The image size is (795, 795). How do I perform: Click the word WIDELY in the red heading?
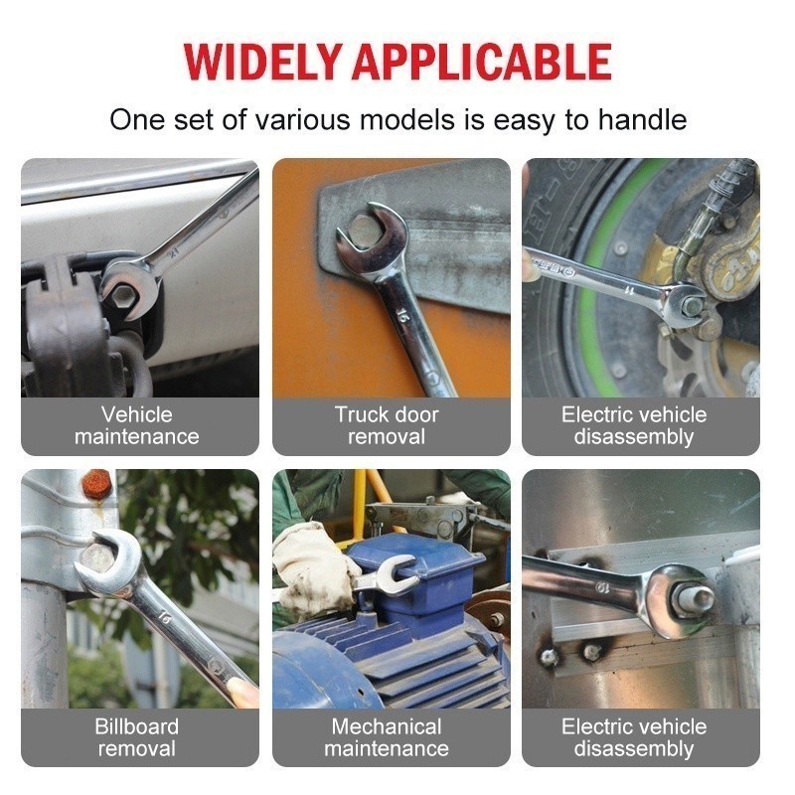tap(261, 62)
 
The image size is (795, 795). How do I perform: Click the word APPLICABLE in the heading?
tap(481, 62)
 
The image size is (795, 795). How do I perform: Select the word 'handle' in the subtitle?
tap(642, 120)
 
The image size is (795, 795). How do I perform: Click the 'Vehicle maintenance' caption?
tap(137, 425)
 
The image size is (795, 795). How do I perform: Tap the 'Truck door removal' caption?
tap(387, 425)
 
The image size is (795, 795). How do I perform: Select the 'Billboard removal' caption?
tap(137, 737)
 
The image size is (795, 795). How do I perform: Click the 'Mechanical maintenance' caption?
tap(387, 737)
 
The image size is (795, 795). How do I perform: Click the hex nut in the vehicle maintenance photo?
tap(124, 296)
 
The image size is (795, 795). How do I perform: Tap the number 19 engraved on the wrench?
tap(602, 588)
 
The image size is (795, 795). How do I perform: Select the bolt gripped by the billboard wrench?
tap(98, 556)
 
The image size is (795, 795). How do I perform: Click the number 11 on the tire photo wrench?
tap(629, 290)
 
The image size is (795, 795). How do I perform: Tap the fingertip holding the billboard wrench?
tap(242, 691)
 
